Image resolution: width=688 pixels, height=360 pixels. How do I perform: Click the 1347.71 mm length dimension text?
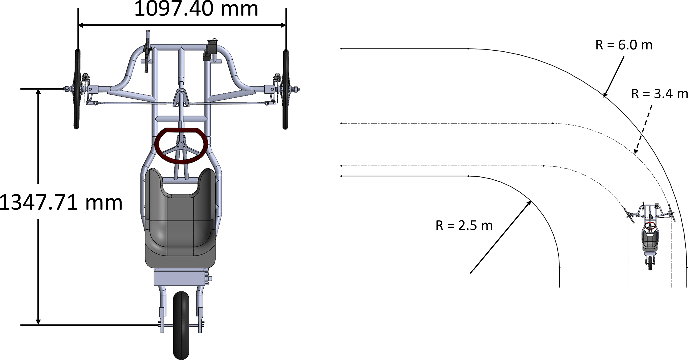click(x=61, y=202)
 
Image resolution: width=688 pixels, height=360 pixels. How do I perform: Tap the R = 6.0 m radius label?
click(x=624, y=45)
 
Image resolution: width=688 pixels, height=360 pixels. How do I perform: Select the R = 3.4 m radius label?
click(x=659, y=94)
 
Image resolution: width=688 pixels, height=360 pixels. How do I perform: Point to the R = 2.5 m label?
click(x=464, y=226)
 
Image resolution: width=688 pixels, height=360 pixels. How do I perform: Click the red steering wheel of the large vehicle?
click(x=181, y=145)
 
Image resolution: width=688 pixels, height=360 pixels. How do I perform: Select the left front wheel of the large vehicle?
click(x=77, y=89)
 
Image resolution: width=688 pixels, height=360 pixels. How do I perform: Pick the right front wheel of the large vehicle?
click(x=285, y=89)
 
